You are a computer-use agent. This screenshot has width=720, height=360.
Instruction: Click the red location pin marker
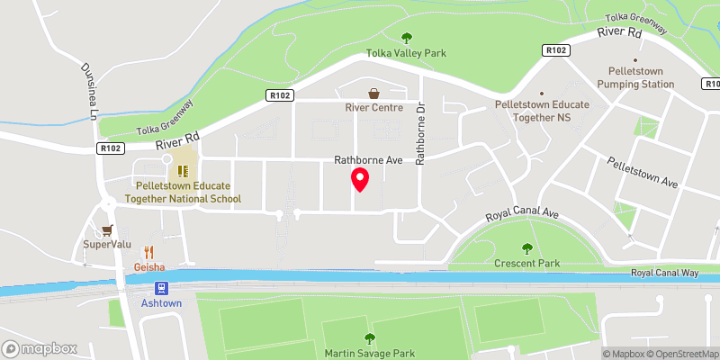point(360,180)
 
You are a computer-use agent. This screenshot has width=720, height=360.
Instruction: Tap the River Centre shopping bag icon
point(373,93)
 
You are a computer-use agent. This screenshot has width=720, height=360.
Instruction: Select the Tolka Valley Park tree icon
point(406,38)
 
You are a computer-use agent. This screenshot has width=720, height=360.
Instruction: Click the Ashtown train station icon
point(161,288)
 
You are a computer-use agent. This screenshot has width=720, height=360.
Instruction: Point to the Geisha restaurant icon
point(149,253)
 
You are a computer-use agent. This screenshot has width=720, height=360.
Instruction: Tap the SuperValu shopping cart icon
point(108,229)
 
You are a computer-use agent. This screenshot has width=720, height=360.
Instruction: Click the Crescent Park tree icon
point(527,248)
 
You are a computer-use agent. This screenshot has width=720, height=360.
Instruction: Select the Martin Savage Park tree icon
point(369,338)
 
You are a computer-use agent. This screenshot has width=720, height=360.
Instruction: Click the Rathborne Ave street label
point(367,161)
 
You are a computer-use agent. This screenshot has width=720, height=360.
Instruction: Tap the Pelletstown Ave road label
point(642,170)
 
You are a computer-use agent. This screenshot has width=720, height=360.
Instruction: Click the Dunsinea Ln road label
point(89,91)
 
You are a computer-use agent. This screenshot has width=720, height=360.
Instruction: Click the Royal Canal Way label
point(664,272)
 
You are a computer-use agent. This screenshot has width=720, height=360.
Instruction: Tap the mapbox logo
point(40,348)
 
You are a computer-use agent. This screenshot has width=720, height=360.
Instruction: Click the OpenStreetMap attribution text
point(682,354)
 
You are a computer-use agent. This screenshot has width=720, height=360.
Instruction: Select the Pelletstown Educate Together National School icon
point(182,170)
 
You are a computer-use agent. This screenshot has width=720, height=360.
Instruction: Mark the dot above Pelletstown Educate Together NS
point(542,93)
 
